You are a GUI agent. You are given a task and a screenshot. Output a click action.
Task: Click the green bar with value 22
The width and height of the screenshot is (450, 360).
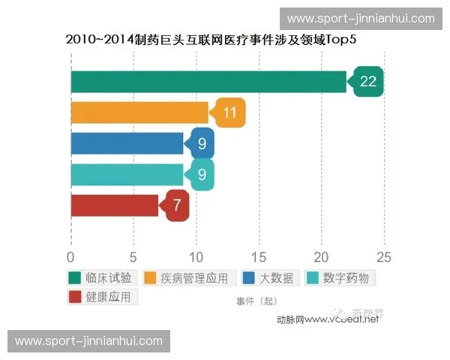(208, 82)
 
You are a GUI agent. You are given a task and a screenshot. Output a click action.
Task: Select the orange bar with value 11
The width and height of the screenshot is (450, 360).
(139, 112)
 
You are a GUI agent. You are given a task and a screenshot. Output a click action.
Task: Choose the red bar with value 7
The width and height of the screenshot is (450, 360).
(114, 205)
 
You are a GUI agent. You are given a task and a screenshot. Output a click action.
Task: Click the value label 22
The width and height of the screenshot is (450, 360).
(367, 82)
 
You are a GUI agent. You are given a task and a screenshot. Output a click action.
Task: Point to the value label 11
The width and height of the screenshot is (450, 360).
(230, 112)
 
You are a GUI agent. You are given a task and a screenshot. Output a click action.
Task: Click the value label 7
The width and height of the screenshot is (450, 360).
(178, 205)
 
